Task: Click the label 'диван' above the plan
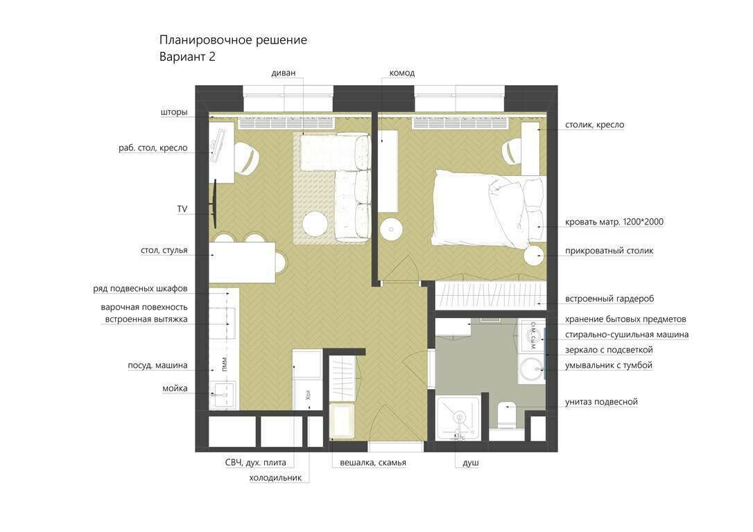point(284,73)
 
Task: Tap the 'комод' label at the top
point(402,73)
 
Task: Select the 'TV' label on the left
point(182,209)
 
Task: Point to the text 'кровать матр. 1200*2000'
point(614,222)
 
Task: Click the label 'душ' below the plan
point(471,463)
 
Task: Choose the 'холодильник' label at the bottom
point(275,478)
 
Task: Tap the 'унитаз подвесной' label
point(601,402)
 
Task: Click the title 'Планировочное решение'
point(233,39)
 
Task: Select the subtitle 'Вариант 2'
point(187,57)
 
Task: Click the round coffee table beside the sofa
point(315,224)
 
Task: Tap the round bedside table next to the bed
point(533,255)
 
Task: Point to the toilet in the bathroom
point(507,415)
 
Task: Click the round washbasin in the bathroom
point(533,370)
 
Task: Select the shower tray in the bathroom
point(458,418)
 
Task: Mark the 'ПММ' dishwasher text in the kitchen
point(225,363)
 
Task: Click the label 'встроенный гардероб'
point(609,299)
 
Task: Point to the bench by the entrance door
point(342,420)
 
